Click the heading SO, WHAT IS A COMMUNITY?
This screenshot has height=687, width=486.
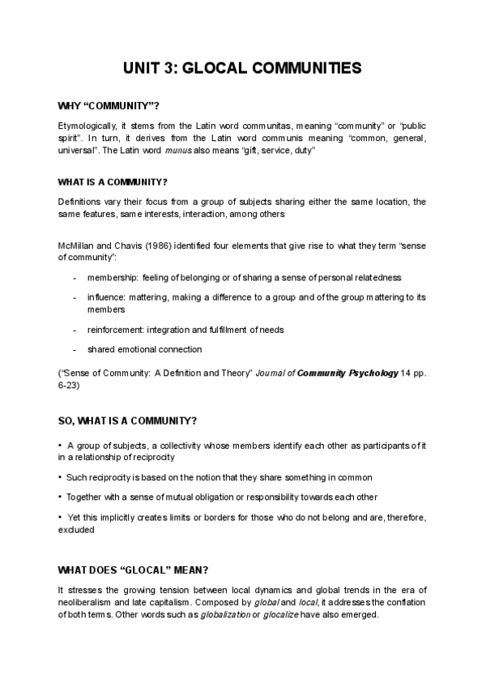(x=126, y=421)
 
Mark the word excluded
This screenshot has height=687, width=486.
(x=76, y=530)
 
